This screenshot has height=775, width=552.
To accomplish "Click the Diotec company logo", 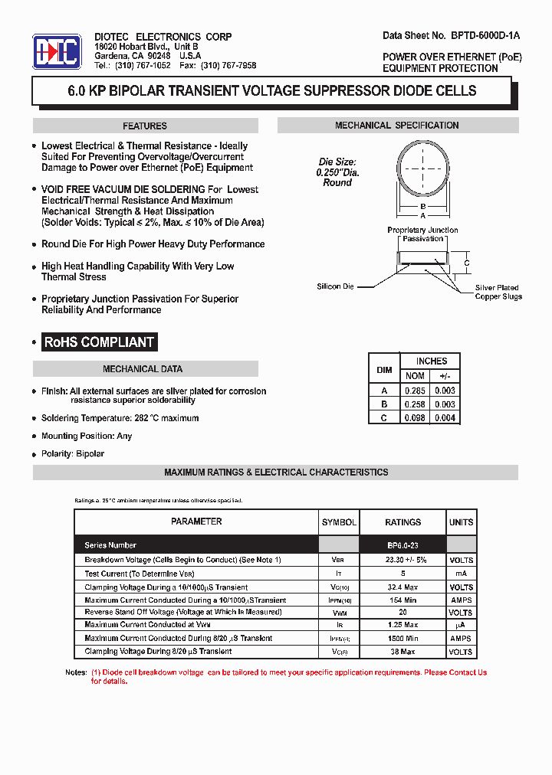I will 57,51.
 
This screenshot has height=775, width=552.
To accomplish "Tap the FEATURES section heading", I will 145,126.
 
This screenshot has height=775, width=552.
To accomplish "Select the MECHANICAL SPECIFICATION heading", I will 397,126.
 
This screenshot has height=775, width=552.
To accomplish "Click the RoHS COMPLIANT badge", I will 99,342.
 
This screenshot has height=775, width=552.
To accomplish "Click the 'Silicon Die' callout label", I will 335,286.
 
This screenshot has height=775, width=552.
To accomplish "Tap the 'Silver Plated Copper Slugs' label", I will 498,292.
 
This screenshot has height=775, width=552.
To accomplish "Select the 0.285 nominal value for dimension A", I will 415,391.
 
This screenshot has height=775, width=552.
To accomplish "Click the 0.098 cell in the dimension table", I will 415,417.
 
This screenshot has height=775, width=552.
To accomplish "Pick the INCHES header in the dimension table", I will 431,361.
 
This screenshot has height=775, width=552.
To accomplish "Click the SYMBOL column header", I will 339,522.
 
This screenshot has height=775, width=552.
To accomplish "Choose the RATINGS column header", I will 402,522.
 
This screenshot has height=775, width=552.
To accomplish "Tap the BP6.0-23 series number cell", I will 402,545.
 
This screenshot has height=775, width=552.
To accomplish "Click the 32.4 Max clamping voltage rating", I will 402,587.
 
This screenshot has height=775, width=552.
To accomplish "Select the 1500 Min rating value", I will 402,638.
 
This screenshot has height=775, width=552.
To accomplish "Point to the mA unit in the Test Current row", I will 461,573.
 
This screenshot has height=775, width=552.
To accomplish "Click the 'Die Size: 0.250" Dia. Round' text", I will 337,172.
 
